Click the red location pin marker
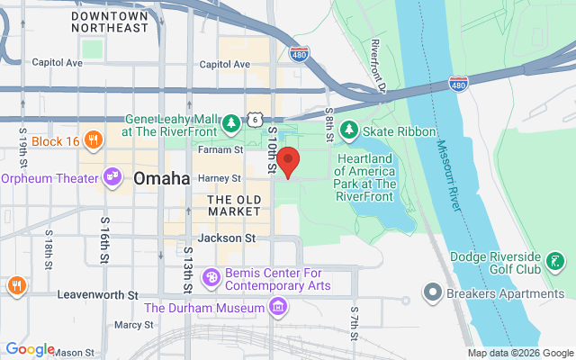288,162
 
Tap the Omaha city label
161,178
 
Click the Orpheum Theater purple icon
112,177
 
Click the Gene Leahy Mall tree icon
231,121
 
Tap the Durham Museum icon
277,309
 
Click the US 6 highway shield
257,119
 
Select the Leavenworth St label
96,294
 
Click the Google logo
30,349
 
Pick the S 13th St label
188,268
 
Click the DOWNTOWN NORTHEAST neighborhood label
109,22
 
